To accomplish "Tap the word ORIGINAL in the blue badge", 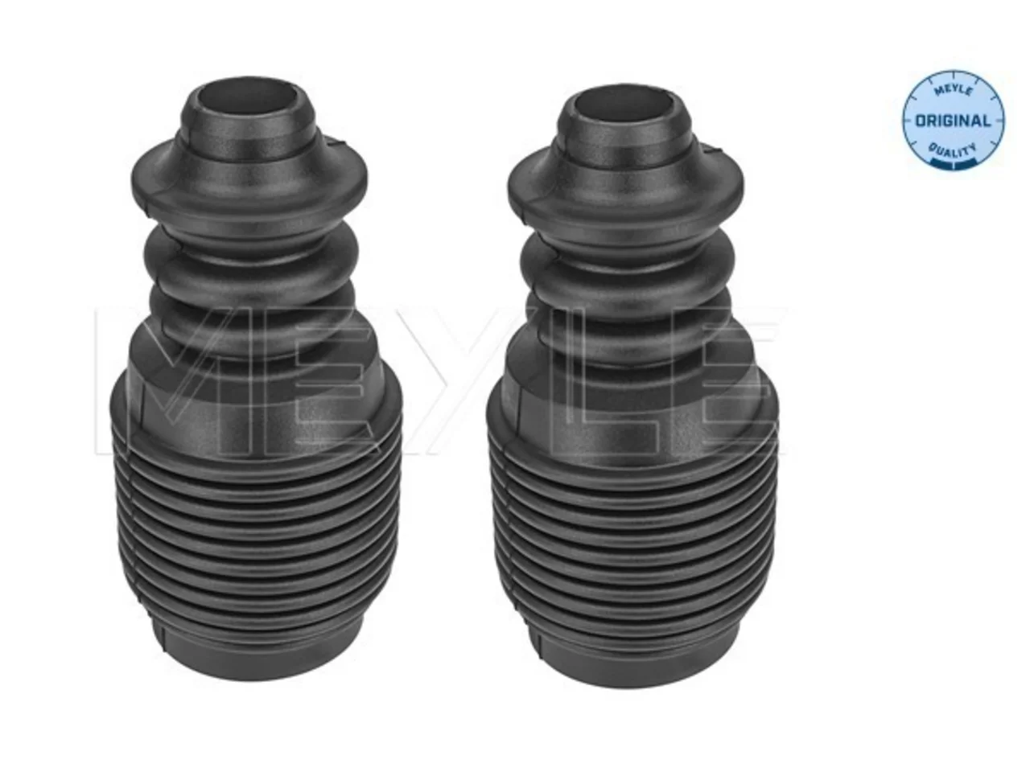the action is pos(953,121).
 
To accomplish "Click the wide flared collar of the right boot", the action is pos(625,184).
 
